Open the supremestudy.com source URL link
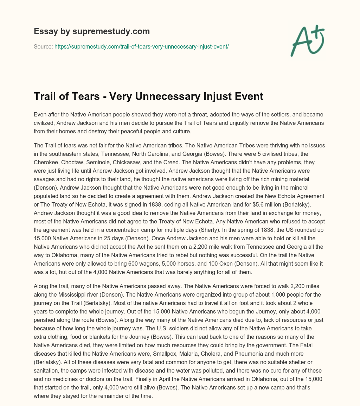click(142, 46)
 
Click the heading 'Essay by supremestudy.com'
click(92, 31)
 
